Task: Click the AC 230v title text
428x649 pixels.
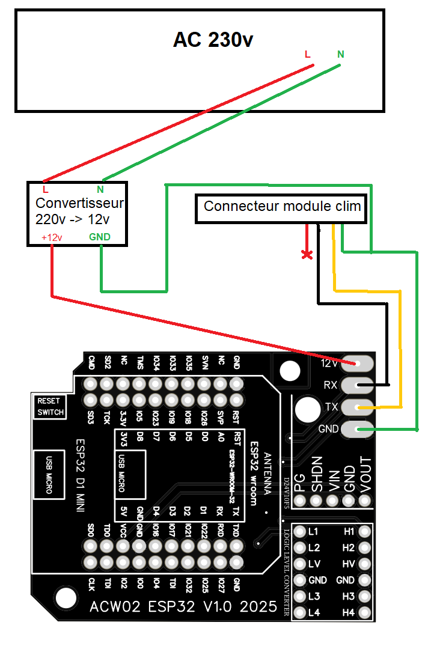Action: [213, 40]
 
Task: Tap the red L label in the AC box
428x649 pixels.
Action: [308, 55]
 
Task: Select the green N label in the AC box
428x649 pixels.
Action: [341, 55]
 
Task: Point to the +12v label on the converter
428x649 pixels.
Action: [52, 237]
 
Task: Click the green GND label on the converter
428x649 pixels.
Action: [100, 237]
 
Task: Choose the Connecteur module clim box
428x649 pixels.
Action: [282, 207]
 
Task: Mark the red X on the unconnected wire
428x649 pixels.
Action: [307, 255]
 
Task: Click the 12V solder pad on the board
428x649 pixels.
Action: [358, 364]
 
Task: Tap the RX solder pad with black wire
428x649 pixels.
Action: [358, 385]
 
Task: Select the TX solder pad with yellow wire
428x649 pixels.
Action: [358, 407]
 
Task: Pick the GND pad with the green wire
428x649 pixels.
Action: [358, 429]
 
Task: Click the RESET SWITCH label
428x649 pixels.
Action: [49, 407]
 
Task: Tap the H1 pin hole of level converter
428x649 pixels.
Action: [364, 532]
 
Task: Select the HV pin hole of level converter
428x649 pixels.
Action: [364, 564]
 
